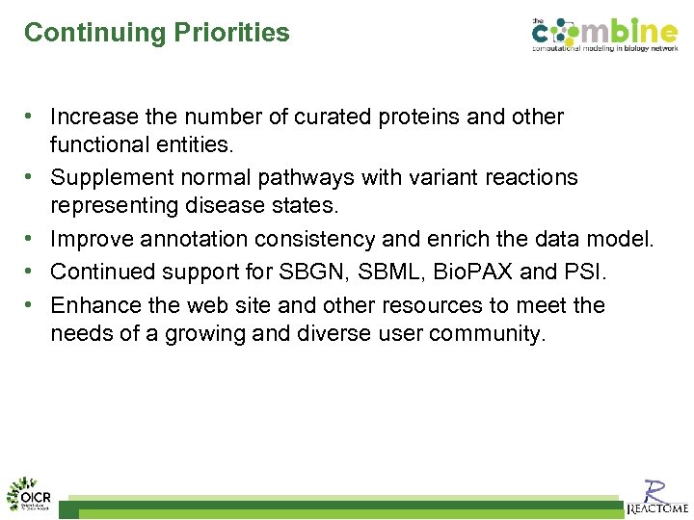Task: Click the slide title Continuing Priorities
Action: point(156,32)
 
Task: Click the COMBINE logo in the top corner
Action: point(603,35)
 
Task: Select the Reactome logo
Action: point(656,496)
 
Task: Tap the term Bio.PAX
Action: point(472,272)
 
